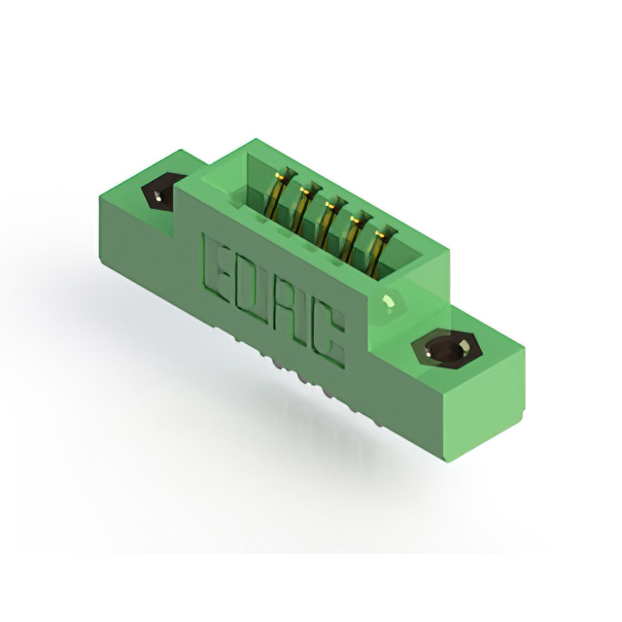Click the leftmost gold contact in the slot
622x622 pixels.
[279, 193]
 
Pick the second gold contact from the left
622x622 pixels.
[302, 208]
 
